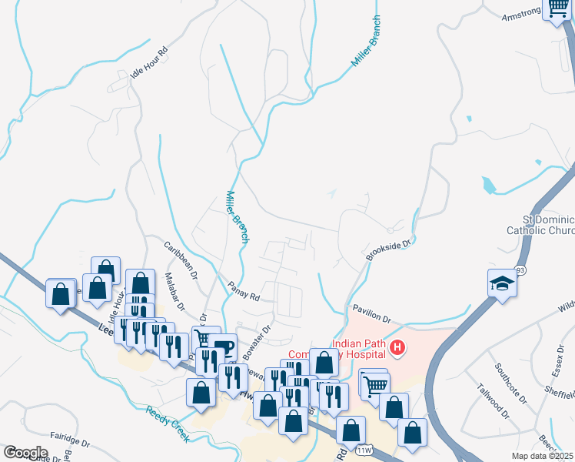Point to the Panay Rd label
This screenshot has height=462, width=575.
tap(244, 291)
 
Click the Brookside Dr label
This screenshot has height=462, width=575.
tap(390, 249)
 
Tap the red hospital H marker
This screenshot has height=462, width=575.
tap(397, 348)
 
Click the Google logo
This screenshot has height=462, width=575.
tap(25, 453)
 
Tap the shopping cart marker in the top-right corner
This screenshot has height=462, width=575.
tap(556, 10)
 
